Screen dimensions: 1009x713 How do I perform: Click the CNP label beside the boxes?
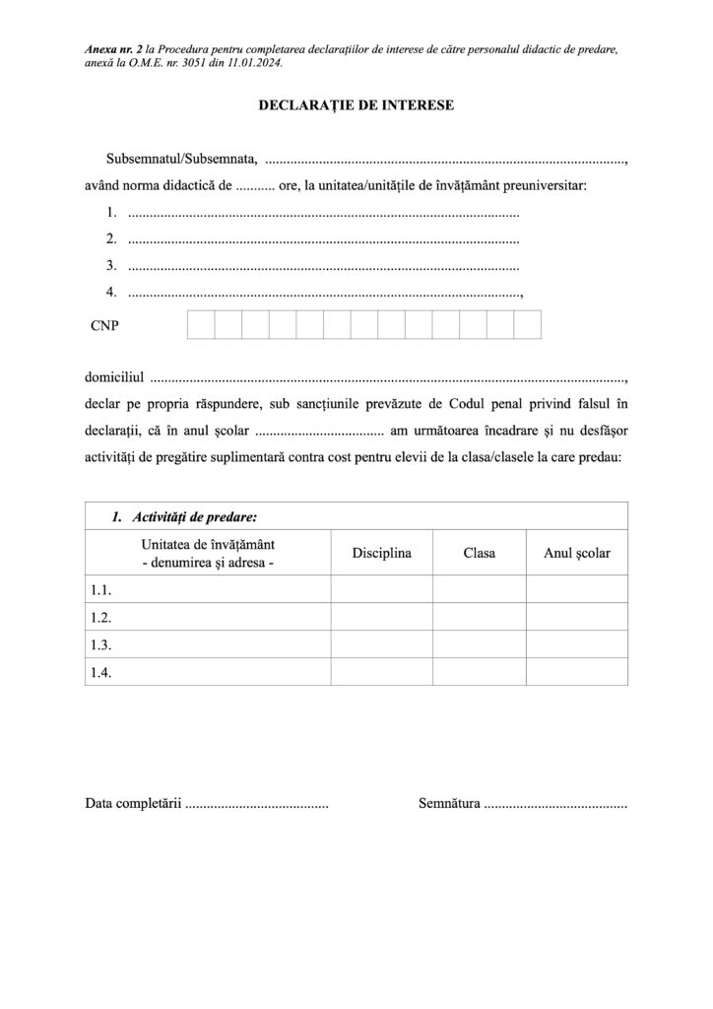[104, 324]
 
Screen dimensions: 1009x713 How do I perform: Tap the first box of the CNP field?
[201, 324]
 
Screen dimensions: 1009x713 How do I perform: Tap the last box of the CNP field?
[528, 324]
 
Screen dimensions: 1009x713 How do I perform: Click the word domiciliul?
[115, 377]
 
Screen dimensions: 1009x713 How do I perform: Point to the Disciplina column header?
[381, 554]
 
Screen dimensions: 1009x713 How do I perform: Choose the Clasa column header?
[479, 554]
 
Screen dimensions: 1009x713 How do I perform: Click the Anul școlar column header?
[576, 554]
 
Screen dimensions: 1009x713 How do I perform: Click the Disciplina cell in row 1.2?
[381, 618]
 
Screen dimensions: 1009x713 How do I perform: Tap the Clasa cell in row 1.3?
[479, 644]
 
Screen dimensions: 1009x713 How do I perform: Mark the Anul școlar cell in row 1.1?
[576, 590]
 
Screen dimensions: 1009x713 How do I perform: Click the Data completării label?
[134, 805]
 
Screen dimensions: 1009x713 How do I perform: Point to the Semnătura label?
[449, 805]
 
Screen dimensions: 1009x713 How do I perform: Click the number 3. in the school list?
[112, 264]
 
